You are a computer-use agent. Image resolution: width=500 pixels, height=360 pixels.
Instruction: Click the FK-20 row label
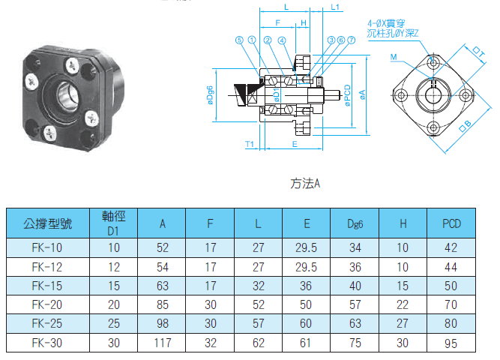[47, 304]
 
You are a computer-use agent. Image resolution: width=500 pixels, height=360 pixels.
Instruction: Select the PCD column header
[451, 223]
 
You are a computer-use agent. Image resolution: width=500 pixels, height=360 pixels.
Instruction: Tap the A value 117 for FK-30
[163, 343]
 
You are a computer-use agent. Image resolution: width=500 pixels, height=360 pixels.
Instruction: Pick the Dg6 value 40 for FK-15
[355, 286]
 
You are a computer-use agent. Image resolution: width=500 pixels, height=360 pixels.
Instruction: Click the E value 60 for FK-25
[306, 323]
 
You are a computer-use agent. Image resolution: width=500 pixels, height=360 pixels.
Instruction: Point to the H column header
[403, 223]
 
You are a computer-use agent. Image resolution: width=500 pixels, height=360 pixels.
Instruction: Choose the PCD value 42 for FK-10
[451, 248]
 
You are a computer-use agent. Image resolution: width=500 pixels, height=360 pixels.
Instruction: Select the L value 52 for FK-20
[259, 304]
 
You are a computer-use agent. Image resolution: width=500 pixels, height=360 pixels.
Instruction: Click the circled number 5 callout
[239, 40]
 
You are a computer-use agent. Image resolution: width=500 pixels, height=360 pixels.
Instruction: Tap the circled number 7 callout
[351, 40]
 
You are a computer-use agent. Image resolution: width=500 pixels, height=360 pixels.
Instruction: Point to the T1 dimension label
[250, 144]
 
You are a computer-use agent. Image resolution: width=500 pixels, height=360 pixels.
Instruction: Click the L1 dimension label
[335, 7]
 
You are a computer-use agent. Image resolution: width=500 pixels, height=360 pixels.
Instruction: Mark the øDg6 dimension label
[210, 95]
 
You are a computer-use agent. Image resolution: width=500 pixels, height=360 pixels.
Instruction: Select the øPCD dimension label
[348, 95]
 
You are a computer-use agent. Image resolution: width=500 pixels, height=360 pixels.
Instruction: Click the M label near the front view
[394, 57]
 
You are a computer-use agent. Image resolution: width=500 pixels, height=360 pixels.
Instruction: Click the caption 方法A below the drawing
[305, 184]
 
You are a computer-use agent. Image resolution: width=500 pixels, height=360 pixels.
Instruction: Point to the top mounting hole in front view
[433, 62]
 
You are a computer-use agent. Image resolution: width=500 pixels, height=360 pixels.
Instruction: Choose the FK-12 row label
[47, 267]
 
